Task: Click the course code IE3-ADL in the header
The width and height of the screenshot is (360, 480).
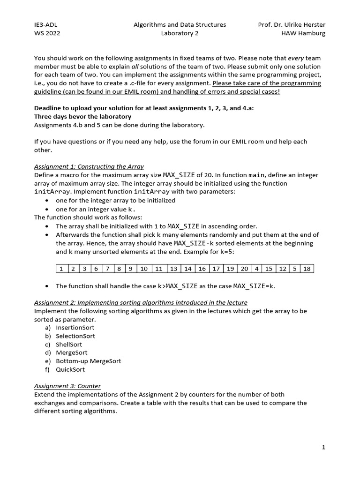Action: click(46, 25)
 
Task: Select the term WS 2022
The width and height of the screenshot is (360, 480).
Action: click(47, 33)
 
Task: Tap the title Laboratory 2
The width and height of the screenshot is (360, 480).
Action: click(180, 33)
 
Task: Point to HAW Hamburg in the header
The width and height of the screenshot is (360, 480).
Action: click(303, 33)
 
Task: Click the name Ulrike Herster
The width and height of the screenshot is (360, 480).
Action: click(307, 25)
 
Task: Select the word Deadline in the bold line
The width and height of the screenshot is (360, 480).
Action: click(48, 108)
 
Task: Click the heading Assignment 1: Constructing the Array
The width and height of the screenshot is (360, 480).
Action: click(89, 166)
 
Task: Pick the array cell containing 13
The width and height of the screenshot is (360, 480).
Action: click(173, 269)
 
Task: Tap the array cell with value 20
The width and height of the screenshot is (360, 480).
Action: click(244, 269)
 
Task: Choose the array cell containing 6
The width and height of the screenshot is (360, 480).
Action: click(96, 269)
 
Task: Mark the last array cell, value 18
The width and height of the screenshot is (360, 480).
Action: click(307, 269)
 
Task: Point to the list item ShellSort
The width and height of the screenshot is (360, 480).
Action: click(68, 345)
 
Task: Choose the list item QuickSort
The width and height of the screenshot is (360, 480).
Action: click(70, 369)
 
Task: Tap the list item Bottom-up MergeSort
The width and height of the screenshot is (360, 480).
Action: click(88, 361)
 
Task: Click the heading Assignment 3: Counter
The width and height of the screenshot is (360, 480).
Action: click(67, 386)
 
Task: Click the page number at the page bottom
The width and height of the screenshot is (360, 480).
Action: click(323, 448)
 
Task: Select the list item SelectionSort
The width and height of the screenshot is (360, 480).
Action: click(75, 336)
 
